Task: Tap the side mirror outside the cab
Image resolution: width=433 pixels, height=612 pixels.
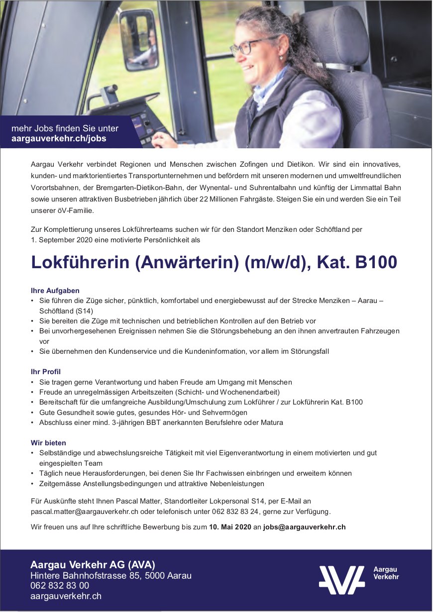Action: pyautogui.click(x=139, y=40)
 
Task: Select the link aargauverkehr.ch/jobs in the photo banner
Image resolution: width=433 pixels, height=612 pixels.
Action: pyautogui.click(x=59, y=139)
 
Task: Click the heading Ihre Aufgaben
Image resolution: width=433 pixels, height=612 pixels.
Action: pyautogui.click(x=55, y=291)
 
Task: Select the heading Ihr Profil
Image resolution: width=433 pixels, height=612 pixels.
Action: pyautogui.click(x=46, y=372)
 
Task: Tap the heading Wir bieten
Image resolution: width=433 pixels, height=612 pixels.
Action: pyautogui.click(x=48, y=443)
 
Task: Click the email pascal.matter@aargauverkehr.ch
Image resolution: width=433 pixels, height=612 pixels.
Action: pyautogui.click(x=84, y=511)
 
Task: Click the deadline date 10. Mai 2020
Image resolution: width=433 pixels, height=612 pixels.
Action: pyautogui.click(x=230, y=527)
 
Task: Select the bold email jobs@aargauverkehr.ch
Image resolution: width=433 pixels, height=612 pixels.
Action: pyautogui.click(x=304, y=527)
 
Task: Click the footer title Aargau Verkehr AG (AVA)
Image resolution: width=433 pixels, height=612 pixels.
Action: pyautogui.click(x=93, y=565)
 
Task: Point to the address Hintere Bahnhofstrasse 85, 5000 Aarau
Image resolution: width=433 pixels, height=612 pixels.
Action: pyautogui.click(x=111, y=576)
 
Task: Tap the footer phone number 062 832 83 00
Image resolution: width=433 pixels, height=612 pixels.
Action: pyautogui.click(x=60, y=586)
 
